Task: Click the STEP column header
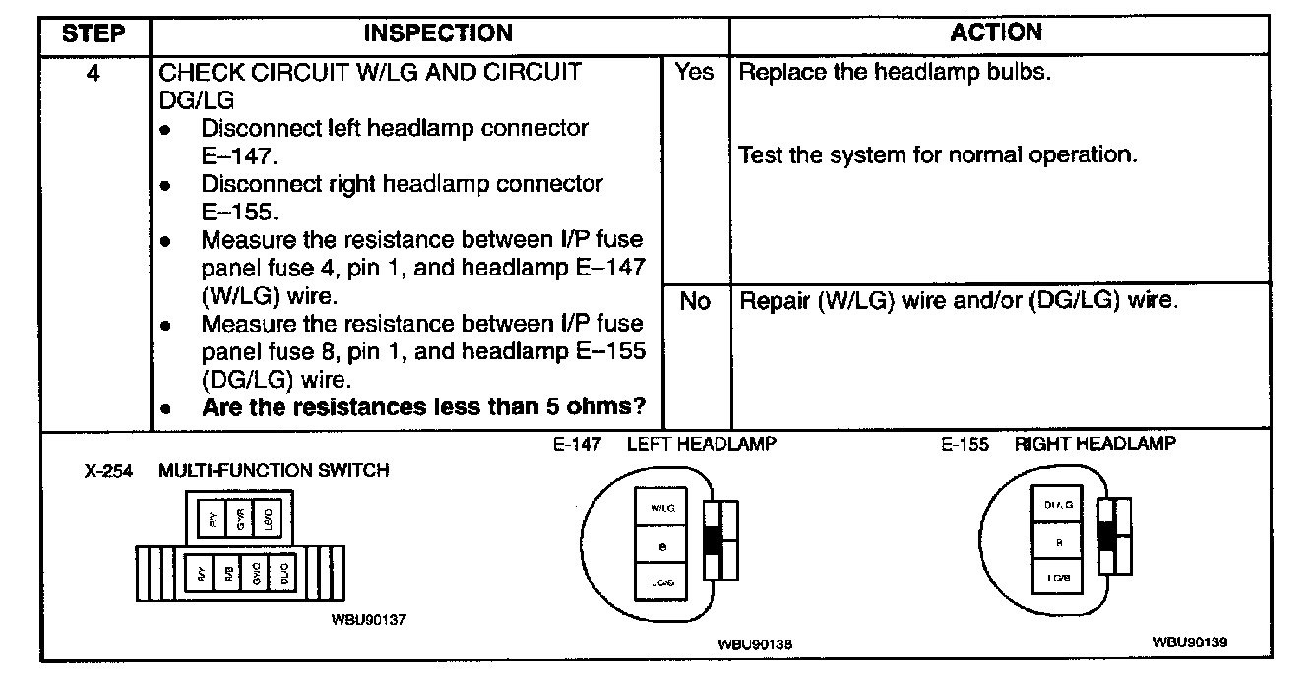[x=93, y=34]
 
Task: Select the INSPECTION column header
[x=438, y=34]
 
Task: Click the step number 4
[x=93, y=73]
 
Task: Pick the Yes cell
[x=695, y=73]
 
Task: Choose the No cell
[x=695, y=301]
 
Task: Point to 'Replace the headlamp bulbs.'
[x=894, y=73]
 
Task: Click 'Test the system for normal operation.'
[x=937, y=155]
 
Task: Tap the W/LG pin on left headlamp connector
[x=662, y=508]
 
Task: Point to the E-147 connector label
[x=577, y=445]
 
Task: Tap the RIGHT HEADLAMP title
[x=1094, y=445]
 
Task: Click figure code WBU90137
[x=369, y=621]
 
